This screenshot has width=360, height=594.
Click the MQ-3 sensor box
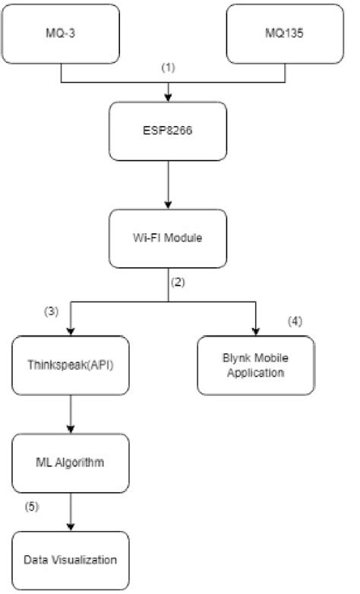click(62, 34)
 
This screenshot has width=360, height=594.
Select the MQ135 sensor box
click(285, 34)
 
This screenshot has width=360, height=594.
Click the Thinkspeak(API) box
click(70, 365)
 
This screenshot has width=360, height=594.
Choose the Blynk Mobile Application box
click(256, 365)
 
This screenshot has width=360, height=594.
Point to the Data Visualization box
click(70, 560)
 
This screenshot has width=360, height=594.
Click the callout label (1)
click(168, 68)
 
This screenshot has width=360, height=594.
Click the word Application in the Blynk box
click(256, 373)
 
